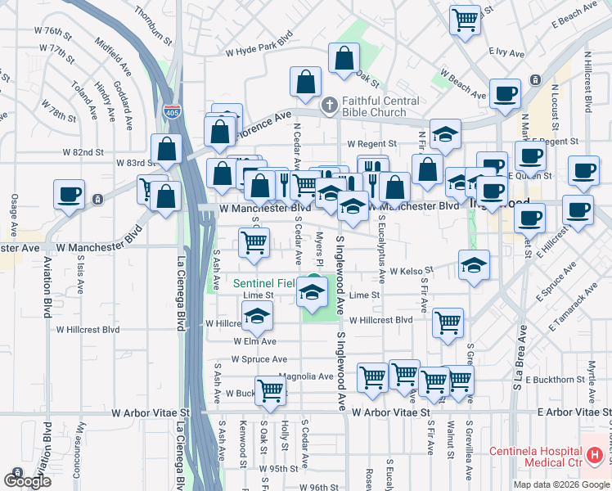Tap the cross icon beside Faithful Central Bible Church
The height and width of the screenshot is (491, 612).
(x=329, y=104)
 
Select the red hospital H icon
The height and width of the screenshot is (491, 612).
(x=595, y=453)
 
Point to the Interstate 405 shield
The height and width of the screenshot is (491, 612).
(x=172, y=111)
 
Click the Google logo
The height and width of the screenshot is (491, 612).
(x=27, y=480)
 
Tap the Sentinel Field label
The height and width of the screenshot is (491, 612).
(x=264, y=283)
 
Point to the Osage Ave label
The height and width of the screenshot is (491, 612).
(x=14, y=212)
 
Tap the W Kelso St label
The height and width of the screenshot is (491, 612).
(x=410, y=271)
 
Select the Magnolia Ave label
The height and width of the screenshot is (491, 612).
(x=306, y=376)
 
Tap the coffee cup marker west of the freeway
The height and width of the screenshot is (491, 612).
(x=69, y=194)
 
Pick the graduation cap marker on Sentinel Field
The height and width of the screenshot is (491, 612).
(x=311, y=291)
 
